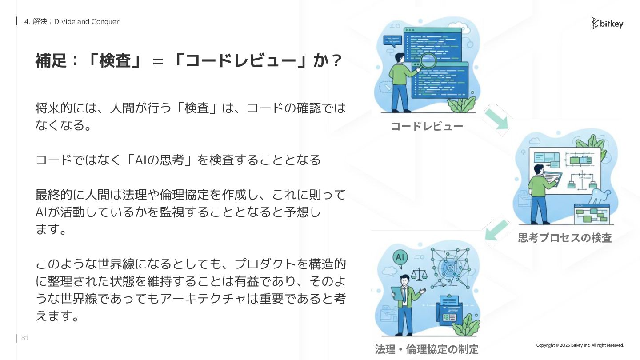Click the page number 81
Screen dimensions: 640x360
coord(25,338)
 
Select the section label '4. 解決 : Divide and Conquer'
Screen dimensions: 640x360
coord(72,21)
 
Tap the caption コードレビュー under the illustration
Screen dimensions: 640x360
coord(427,127)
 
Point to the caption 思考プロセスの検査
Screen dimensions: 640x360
coord(564,238)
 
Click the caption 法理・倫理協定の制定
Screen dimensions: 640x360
coord(427,349)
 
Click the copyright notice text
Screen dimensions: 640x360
coord(580,345)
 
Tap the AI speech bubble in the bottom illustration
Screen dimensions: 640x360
coord(399,257)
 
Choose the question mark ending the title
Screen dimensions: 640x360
coord(336,61)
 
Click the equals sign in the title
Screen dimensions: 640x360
coord(158,62)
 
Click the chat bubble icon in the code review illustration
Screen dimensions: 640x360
coord(392,41)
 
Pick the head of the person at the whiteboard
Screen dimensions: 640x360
coord(538,170)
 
